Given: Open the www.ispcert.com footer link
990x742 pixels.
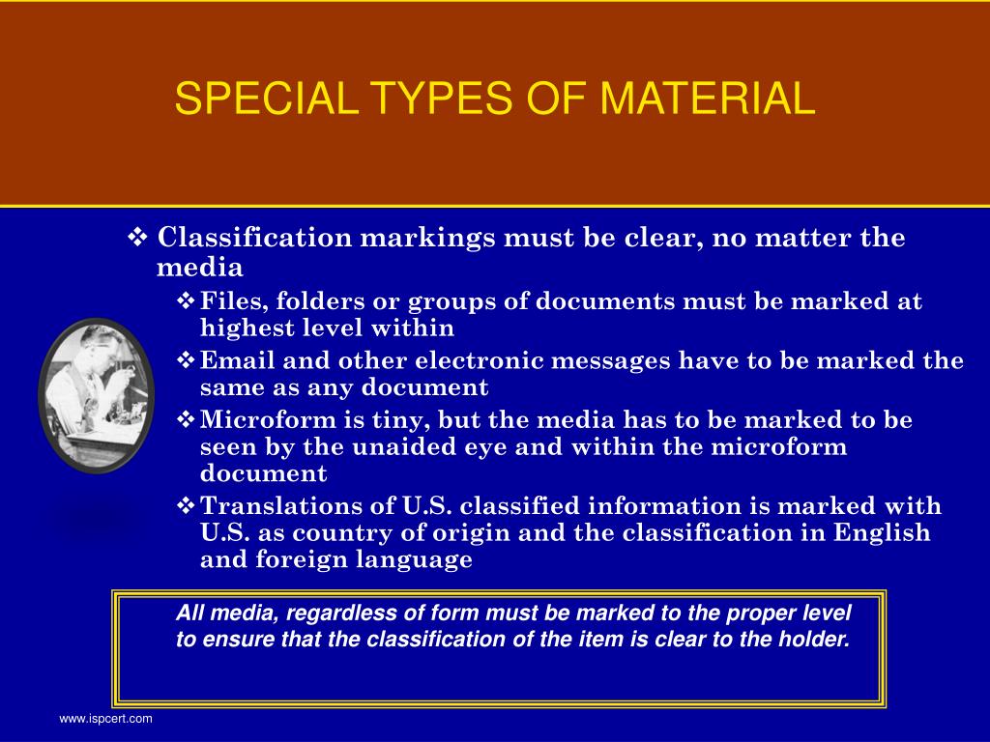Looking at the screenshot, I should (105, 719).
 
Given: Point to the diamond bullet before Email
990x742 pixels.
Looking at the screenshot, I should (187, 361).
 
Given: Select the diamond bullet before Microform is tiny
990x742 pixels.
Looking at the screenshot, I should (187, 420).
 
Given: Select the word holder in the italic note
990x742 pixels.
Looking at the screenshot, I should (818, 639).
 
